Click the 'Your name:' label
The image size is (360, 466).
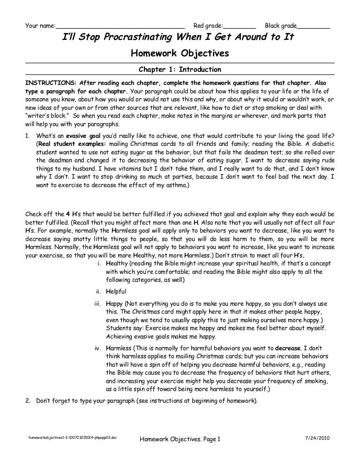pyautogui.click(x=39, y=25)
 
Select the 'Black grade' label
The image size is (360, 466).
pyautogui.click(x=281, y=25)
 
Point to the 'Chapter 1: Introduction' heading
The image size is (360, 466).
pyautogui.click(x=180, y=69)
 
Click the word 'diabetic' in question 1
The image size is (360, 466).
pyautogui.click(x=322, y=144)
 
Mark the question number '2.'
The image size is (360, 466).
pyautogui.click(x=28, y=402)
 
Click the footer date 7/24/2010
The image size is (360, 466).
pyautogui.click(x=318, y=438)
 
